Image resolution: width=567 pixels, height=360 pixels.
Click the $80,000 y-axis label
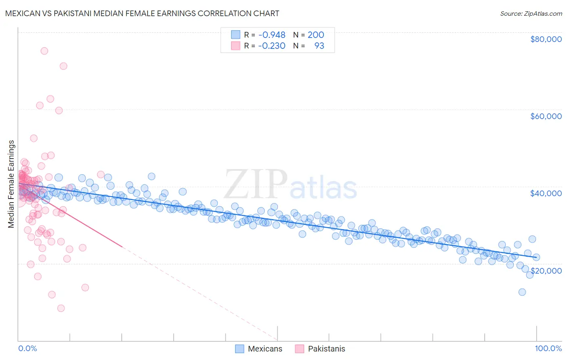click(546, 39)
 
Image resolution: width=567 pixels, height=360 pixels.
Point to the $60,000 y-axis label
click(546, 116)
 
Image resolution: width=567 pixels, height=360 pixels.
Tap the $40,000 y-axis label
click(546, 193)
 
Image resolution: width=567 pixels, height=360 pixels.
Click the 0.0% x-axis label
click(27, 349)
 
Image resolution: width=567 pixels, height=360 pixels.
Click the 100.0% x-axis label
click(548, 349)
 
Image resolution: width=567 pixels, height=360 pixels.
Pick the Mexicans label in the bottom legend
click(265, 349)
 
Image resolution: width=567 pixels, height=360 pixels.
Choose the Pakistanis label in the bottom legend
click(327, 349)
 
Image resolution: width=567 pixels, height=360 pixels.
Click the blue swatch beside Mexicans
click(240, 349)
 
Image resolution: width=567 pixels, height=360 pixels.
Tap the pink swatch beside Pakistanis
click(299, 349)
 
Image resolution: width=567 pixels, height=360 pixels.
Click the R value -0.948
click(272, 35)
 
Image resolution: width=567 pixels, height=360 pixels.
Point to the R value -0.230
click(272, 46)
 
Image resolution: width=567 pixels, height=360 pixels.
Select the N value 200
click(316, 35)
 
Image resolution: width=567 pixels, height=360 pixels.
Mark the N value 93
click(319, 46)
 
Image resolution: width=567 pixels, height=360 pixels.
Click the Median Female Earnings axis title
click(11, 184)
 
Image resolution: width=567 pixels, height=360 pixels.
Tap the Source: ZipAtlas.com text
click(531, 14)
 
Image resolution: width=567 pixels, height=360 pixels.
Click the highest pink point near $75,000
click(44, 51)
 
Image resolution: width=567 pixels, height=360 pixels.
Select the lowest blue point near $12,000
click(522, 292)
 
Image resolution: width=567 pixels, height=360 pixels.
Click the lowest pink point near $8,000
click(61, 308)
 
